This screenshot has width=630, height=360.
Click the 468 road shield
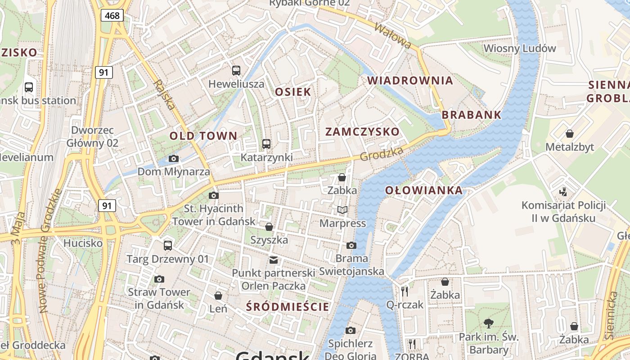tap(112, 16)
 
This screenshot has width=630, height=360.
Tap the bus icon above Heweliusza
tap(236, 70)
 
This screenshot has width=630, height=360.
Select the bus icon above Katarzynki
tap(266, 144)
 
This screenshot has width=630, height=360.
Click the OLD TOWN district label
tap(203, 135)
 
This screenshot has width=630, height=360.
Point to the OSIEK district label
tap(293, 92)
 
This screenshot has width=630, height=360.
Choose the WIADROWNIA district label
tap(410, 81)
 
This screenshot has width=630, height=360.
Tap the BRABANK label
tap(471, 115)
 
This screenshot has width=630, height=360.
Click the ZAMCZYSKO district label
tap(362, 132)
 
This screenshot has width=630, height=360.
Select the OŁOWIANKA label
tap(424, 190)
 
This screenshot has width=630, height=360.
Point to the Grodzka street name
tap(382, 154)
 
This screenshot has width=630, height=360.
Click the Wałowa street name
tap(393, 36)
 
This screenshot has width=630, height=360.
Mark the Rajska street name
tap(164, 95)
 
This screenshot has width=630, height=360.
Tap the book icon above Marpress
tap(342, 210)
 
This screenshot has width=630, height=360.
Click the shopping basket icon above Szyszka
tap(269, 227)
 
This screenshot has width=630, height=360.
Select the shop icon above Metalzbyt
tap(570, 134)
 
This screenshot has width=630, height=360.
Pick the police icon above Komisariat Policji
tap(563, 192)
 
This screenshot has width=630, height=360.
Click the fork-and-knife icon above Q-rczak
tap(405, 291)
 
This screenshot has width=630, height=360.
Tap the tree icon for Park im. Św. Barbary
tap(489, 323)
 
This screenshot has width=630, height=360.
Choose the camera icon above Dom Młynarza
tap(173, 158)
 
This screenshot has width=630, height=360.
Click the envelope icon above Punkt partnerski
tap(273, 260)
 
